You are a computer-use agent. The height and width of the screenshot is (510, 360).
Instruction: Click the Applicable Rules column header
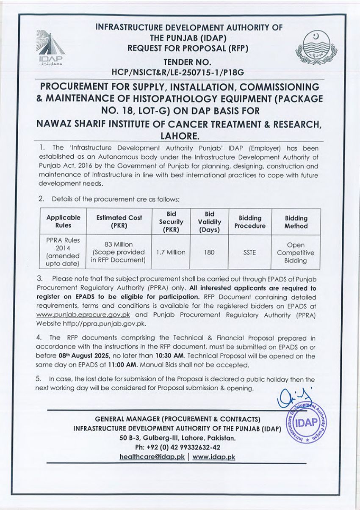[x=63, y=221]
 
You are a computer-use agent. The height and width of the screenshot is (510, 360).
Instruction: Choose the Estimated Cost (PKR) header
[x=119, y=221]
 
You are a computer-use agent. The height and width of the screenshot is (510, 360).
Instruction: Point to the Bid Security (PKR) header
[x=171, y=221]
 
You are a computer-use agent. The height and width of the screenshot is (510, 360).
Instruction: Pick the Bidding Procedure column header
[x=250, y=222]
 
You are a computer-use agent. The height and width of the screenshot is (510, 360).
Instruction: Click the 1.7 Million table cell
[x=171, y=252]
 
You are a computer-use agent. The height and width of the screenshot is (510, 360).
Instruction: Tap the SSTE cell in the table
[x=249, y=252]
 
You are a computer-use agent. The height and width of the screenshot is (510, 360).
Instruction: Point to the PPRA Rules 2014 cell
[x=63, y=252]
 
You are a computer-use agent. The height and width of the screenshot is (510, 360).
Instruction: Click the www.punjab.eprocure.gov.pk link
[x=83, y=315]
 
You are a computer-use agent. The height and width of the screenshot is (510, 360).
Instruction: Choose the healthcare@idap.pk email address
[x=152, y=457]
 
